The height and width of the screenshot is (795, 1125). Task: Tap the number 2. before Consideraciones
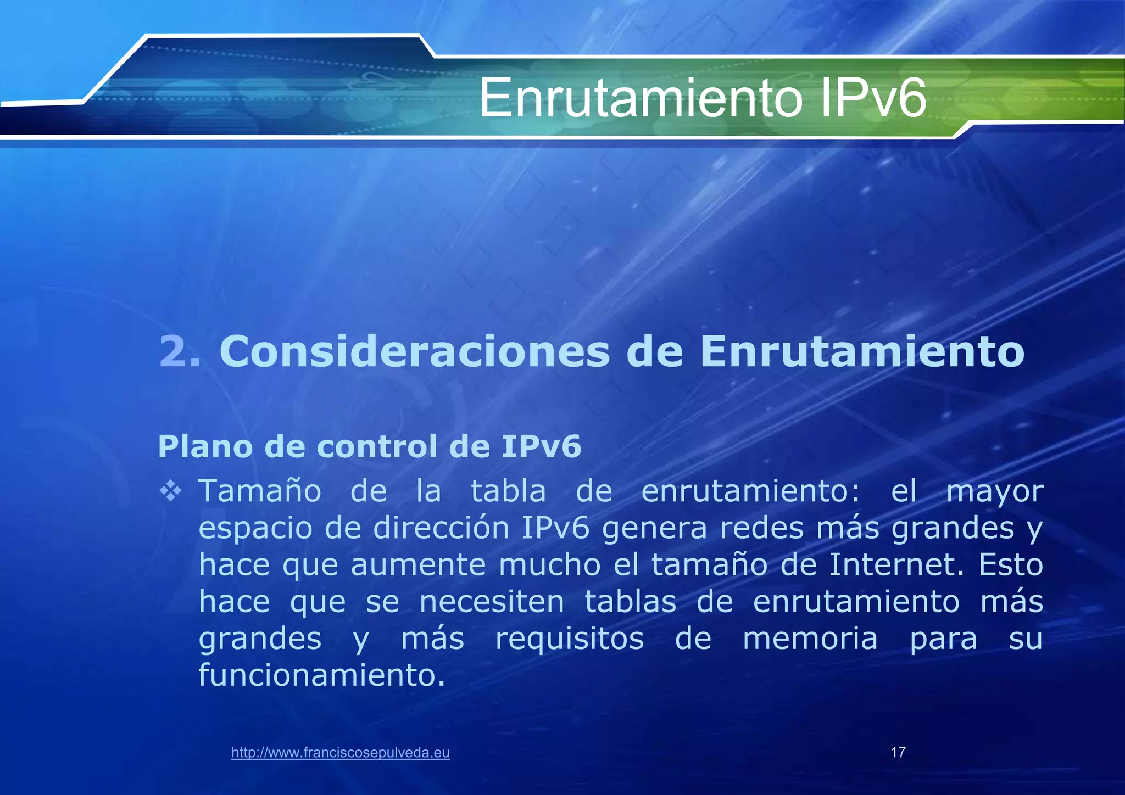[180, 351]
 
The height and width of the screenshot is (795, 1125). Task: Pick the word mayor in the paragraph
[994, 492]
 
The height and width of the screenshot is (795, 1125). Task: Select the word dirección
[441, 528]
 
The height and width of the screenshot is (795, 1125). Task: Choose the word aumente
[418, 565]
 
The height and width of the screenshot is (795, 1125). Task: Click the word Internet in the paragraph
[896, 564]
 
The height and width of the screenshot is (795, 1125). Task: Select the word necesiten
[492, 602]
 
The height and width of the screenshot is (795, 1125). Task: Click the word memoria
[810, 639]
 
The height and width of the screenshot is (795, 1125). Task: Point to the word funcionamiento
[322, 675]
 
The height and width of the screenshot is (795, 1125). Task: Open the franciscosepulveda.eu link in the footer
[341, 753]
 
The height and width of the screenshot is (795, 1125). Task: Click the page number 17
[898, 752]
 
